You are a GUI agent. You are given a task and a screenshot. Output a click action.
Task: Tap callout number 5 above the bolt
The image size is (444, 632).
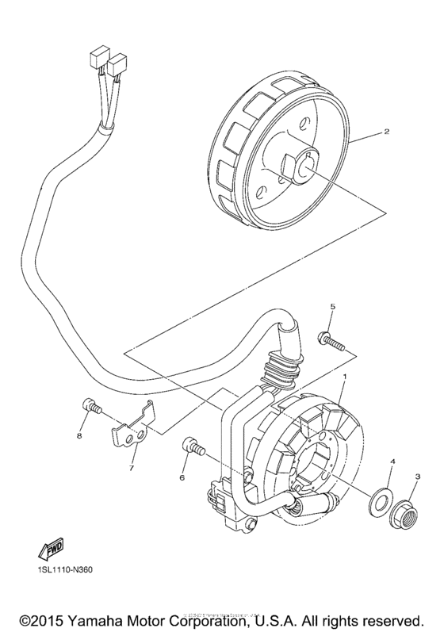tap(334, 306)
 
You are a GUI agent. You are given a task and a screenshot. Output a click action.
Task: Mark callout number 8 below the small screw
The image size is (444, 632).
tap(79, 435)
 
